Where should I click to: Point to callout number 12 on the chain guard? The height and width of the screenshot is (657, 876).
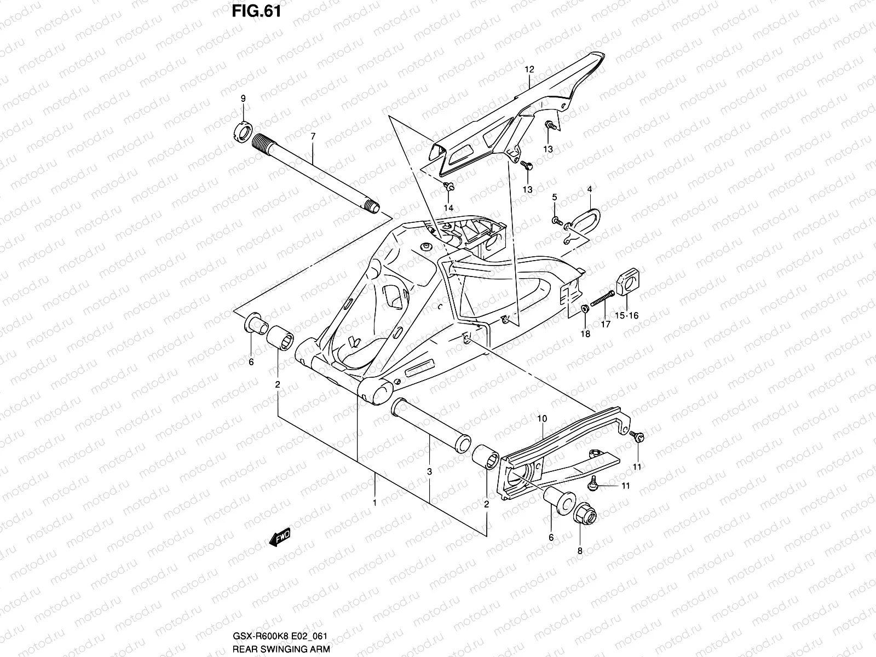(529, 70)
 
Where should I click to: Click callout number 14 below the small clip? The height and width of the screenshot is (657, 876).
(448, 208)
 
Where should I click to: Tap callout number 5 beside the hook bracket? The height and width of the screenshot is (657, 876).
(554, 197)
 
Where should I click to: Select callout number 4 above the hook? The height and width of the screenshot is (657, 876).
(590, 189)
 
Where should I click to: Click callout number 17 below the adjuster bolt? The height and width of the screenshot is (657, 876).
(606, 324)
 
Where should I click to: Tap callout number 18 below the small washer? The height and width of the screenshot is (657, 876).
(585, 334)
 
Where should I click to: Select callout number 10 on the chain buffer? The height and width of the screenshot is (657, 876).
(542, 419)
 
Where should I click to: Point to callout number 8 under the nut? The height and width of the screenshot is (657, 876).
(580, 551)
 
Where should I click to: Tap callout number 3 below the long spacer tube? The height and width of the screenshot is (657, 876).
(430, 471)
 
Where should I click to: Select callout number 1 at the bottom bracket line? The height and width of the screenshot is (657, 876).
(374, 502)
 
